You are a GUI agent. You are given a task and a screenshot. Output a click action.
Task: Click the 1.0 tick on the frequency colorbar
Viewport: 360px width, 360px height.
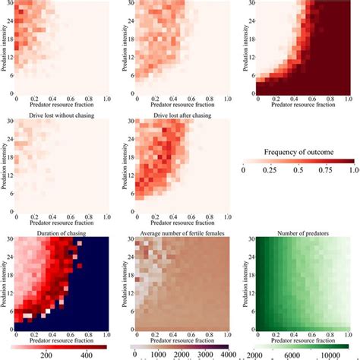[x=352, y=172]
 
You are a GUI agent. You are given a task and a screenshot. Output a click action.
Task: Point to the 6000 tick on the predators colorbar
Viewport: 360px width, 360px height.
[x=299, y=354]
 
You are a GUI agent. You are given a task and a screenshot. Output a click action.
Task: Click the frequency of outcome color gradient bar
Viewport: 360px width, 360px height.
[x=299, y=161]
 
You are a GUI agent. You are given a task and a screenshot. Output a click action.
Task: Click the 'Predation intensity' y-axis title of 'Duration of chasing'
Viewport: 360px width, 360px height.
[x=5, y=283]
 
